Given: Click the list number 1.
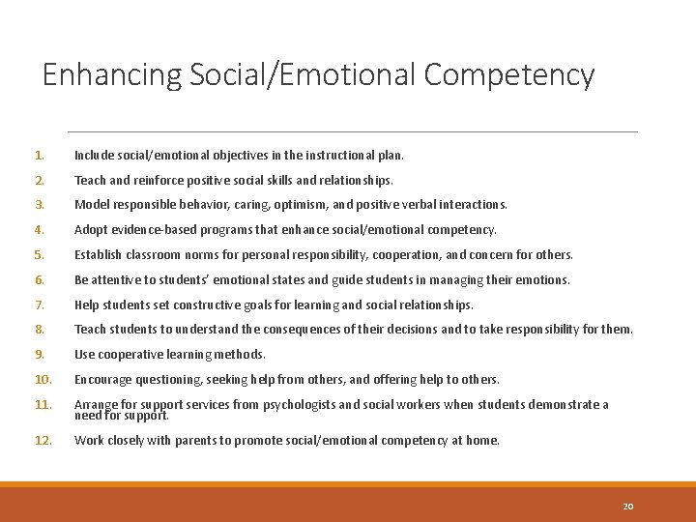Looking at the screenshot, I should (x=39, y=155).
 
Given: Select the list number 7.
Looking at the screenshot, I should (x=40, y=304).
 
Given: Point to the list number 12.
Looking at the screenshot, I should (x=43, y=440).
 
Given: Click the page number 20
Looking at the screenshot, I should (x=628, y=506).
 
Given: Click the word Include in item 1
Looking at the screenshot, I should (x=94, y=155).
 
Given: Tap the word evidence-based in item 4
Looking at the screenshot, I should (x=153, y=230).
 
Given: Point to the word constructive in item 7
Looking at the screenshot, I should (x=205, y=304).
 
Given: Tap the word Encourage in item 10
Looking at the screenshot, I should (x=104, y=380).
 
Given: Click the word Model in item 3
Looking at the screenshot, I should (x=92, y=205).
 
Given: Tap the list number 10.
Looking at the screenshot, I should (x=43, y=380).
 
